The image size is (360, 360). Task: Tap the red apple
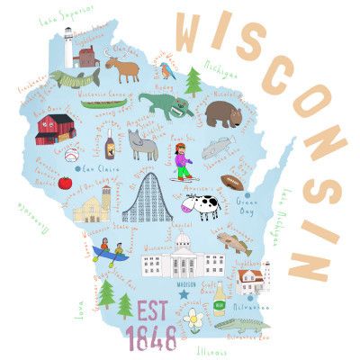pyautogui.click(x=65, y=184)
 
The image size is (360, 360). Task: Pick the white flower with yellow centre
pyautogui.click(x=192, y=317)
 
